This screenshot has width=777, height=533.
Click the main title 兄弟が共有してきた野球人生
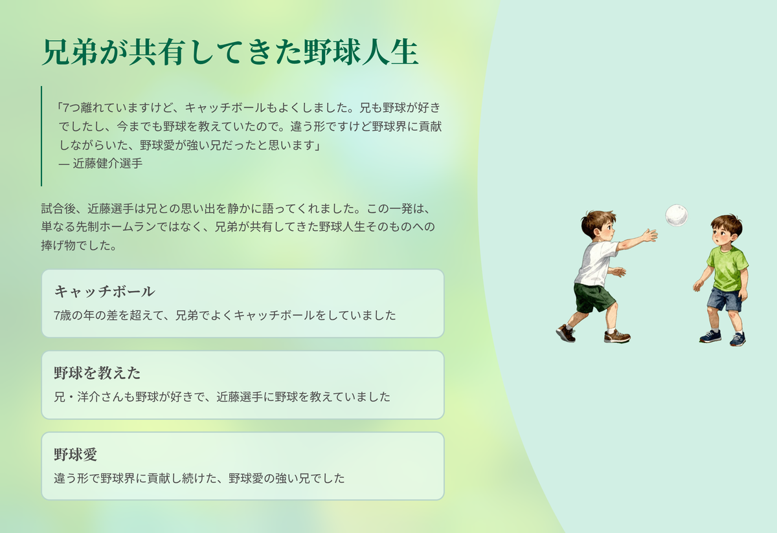pos(230,52)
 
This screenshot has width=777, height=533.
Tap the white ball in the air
pos(677,215)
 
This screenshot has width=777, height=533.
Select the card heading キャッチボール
pos(104,292)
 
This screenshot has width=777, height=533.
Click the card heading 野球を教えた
pos(97,373)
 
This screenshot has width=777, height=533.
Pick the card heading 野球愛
pos(75,454)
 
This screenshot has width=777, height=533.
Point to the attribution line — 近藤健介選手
pos(100,164)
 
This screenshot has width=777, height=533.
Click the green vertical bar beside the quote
pos(41,136)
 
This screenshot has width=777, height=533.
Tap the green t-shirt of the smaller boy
pos(728,268)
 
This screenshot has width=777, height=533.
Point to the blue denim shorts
pos(725,299)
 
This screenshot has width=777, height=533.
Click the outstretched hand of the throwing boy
pos(649,235)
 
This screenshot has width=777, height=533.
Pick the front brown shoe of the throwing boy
pos(617,336)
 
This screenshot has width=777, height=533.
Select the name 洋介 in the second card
pos(89,397)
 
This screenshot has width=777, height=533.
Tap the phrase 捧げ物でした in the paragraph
pos(78,245)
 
